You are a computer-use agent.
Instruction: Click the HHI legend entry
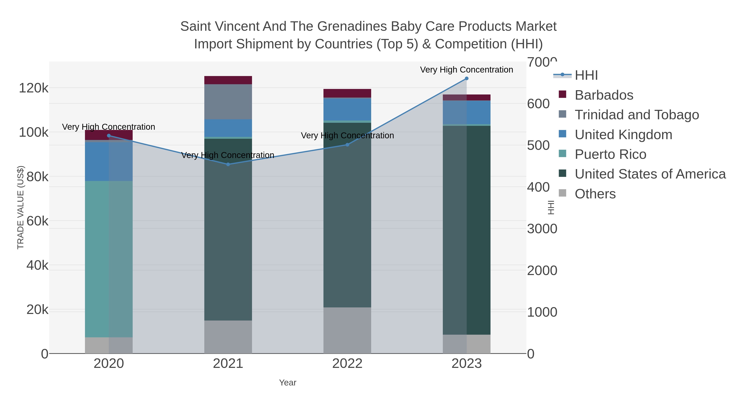coord(586,75)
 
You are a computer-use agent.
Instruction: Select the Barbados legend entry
coord(604,95)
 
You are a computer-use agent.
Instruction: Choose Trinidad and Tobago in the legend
coord(636,115)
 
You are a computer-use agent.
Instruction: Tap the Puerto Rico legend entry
coord(610,154)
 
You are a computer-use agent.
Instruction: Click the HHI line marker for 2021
coord(228,164)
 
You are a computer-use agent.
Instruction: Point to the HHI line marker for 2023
coord(467,78)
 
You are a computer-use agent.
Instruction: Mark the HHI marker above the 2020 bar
coord(109,136)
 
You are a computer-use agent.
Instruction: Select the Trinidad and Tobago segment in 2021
coord(228,102)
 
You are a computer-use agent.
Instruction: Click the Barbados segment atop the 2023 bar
coord(467,97)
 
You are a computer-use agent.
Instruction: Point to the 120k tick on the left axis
coord(34,88)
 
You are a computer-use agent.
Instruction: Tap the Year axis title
coord(288,383)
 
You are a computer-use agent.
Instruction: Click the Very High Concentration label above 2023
coord(466,70)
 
